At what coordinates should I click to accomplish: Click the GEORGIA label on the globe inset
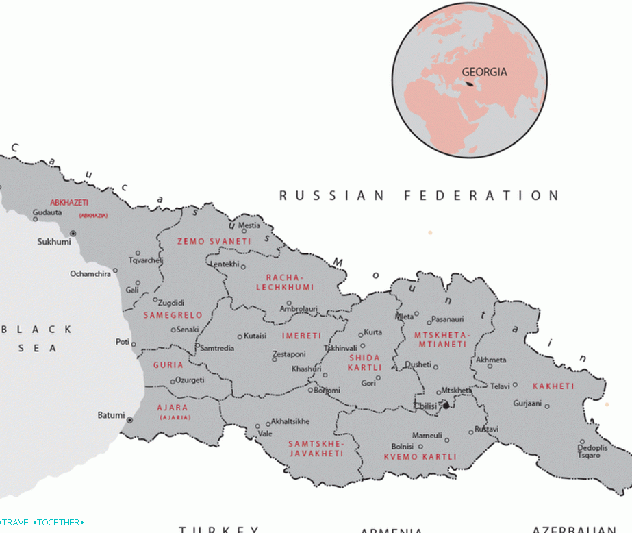(484, 71)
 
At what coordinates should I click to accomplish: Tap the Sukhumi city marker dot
(73, 234)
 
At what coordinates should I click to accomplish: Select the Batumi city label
(111, 415)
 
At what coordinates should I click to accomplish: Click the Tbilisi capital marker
(446, 406)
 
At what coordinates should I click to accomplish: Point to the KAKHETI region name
(554, 386)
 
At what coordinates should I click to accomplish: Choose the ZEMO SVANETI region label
(203, 242)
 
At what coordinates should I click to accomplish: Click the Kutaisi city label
(255, 336)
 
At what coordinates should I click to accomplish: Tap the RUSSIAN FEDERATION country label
(419, 196)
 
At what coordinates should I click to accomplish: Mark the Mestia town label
(249, 225)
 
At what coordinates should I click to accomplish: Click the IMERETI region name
(301, 336)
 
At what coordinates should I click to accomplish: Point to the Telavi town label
(499, 386)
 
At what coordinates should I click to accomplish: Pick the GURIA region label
(168, 365)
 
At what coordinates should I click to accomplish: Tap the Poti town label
(123, 341)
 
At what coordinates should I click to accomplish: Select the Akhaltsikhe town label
(290, 421)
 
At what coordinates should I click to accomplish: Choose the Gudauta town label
(47, 212)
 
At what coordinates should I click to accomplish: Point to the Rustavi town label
(487, 429)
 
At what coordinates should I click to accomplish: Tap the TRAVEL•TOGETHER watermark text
(42, 523)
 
